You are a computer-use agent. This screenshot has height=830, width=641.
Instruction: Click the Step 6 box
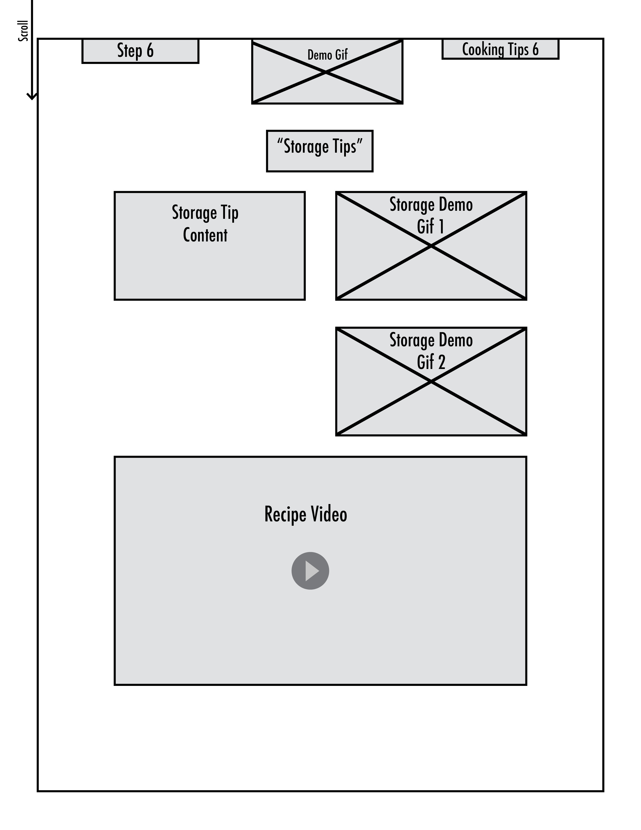[x=140, y=51]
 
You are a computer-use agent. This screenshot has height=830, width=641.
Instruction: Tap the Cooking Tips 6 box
[x=500, y=49]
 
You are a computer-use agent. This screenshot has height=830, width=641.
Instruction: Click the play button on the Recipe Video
[x=310, y=571]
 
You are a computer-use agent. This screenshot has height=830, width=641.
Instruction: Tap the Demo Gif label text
[x=327, y=55]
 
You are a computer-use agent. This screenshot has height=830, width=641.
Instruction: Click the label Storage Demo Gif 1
[x=431, y=216]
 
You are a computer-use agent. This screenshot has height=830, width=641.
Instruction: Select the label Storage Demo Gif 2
[x=431, y=351]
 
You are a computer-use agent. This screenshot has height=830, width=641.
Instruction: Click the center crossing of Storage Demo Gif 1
[x=431, y=246]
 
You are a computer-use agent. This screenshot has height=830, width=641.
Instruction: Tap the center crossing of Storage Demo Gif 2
[x=431, y=382]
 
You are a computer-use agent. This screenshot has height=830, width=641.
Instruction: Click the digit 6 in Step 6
[x=150, y=51]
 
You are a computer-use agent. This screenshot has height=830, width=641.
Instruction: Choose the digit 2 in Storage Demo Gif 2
[x=441, y=362]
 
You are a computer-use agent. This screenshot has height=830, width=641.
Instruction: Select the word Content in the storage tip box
[x=205, y=235]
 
